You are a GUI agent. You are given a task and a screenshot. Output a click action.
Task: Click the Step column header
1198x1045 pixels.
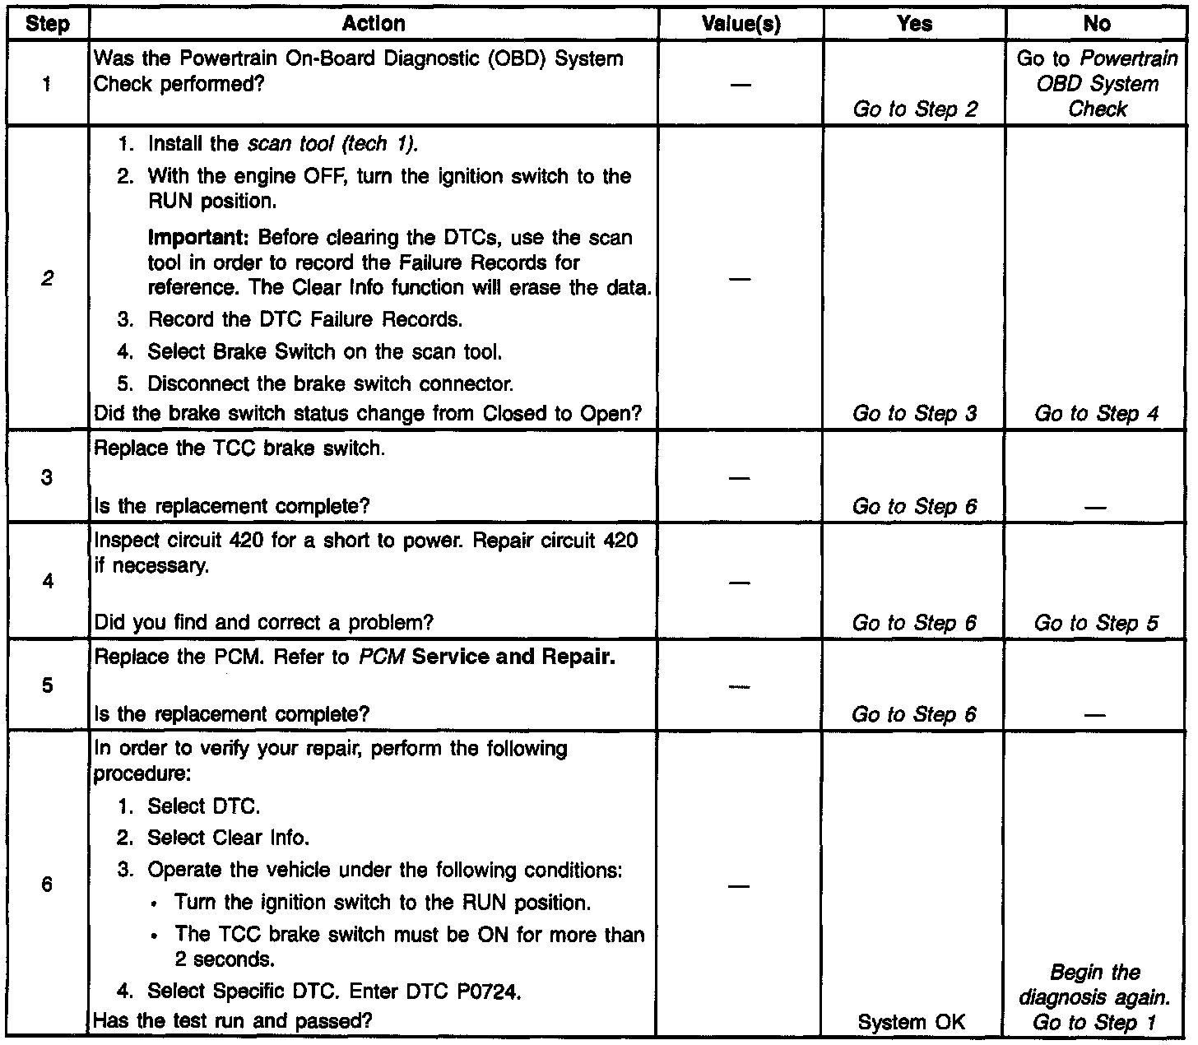(x=47, y=24)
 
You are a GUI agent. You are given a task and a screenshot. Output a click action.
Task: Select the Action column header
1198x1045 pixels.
(x=374, y=24)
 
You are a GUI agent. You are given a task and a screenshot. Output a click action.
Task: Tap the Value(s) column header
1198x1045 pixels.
(x=741, y=24)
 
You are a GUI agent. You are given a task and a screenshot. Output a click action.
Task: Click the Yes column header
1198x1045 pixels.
(x=914, y=24)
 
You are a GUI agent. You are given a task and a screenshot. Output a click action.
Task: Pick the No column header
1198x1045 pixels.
(x=1096, y=24)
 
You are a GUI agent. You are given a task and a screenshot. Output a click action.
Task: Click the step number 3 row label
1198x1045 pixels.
(x=47, y=477)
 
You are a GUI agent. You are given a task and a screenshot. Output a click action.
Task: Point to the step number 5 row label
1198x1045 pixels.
(x=47, y=685)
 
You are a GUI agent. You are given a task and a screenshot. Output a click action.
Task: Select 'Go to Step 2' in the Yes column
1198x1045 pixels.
(x=915, y=109)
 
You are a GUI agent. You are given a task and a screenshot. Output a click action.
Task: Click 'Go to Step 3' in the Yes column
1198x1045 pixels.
(x=915, y=413)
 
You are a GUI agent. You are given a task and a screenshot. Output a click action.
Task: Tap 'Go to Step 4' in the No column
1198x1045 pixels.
(x=1096, y=413)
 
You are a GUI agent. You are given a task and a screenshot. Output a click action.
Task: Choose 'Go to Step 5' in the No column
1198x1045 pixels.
(x=1096, y=623)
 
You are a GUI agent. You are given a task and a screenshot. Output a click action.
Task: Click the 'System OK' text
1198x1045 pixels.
(x=911, y=1022)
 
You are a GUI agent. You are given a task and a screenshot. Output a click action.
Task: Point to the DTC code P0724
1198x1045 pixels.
(x=489, y=992)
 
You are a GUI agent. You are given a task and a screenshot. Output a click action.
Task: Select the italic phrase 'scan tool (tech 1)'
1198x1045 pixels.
(x=332, y=144)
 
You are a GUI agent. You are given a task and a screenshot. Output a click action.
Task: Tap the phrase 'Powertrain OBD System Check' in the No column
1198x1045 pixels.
(x=1098, y=84)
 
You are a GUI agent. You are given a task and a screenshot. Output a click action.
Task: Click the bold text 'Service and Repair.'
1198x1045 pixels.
(x=514, y=657)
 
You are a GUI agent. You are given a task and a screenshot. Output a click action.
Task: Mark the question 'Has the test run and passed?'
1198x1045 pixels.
(x=233, y=1021)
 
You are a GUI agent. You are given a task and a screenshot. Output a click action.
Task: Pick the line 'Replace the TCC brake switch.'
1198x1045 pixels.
(x=239, y=449)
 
